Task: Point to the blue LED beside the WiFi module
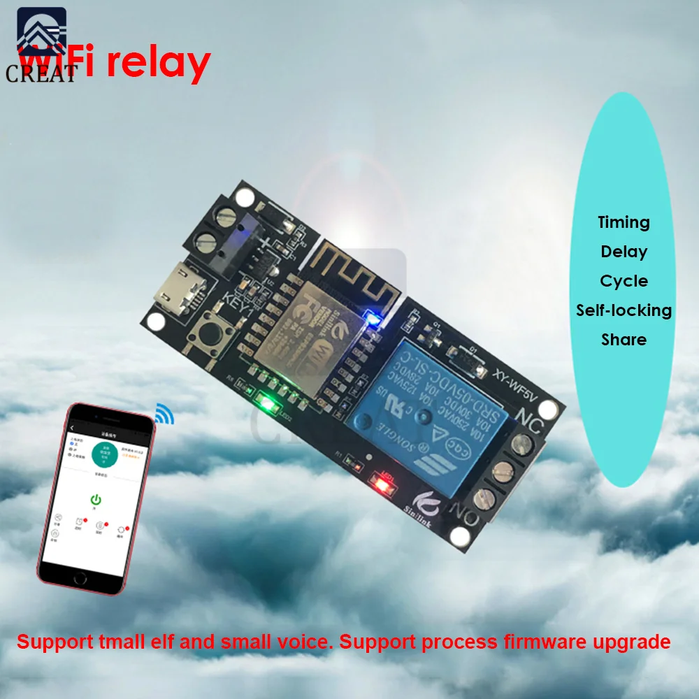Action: click(x=373, y=321)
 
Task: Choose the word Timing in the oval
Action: click(x=624, y=223)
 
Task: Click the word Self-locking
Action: click(x=624, y=310)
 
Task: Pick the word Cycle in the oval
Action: click(x=624, y=281)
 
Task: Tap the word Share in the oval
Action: click(x=624, y=340)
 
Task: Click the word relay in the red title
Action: click(x=157, y=62)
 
